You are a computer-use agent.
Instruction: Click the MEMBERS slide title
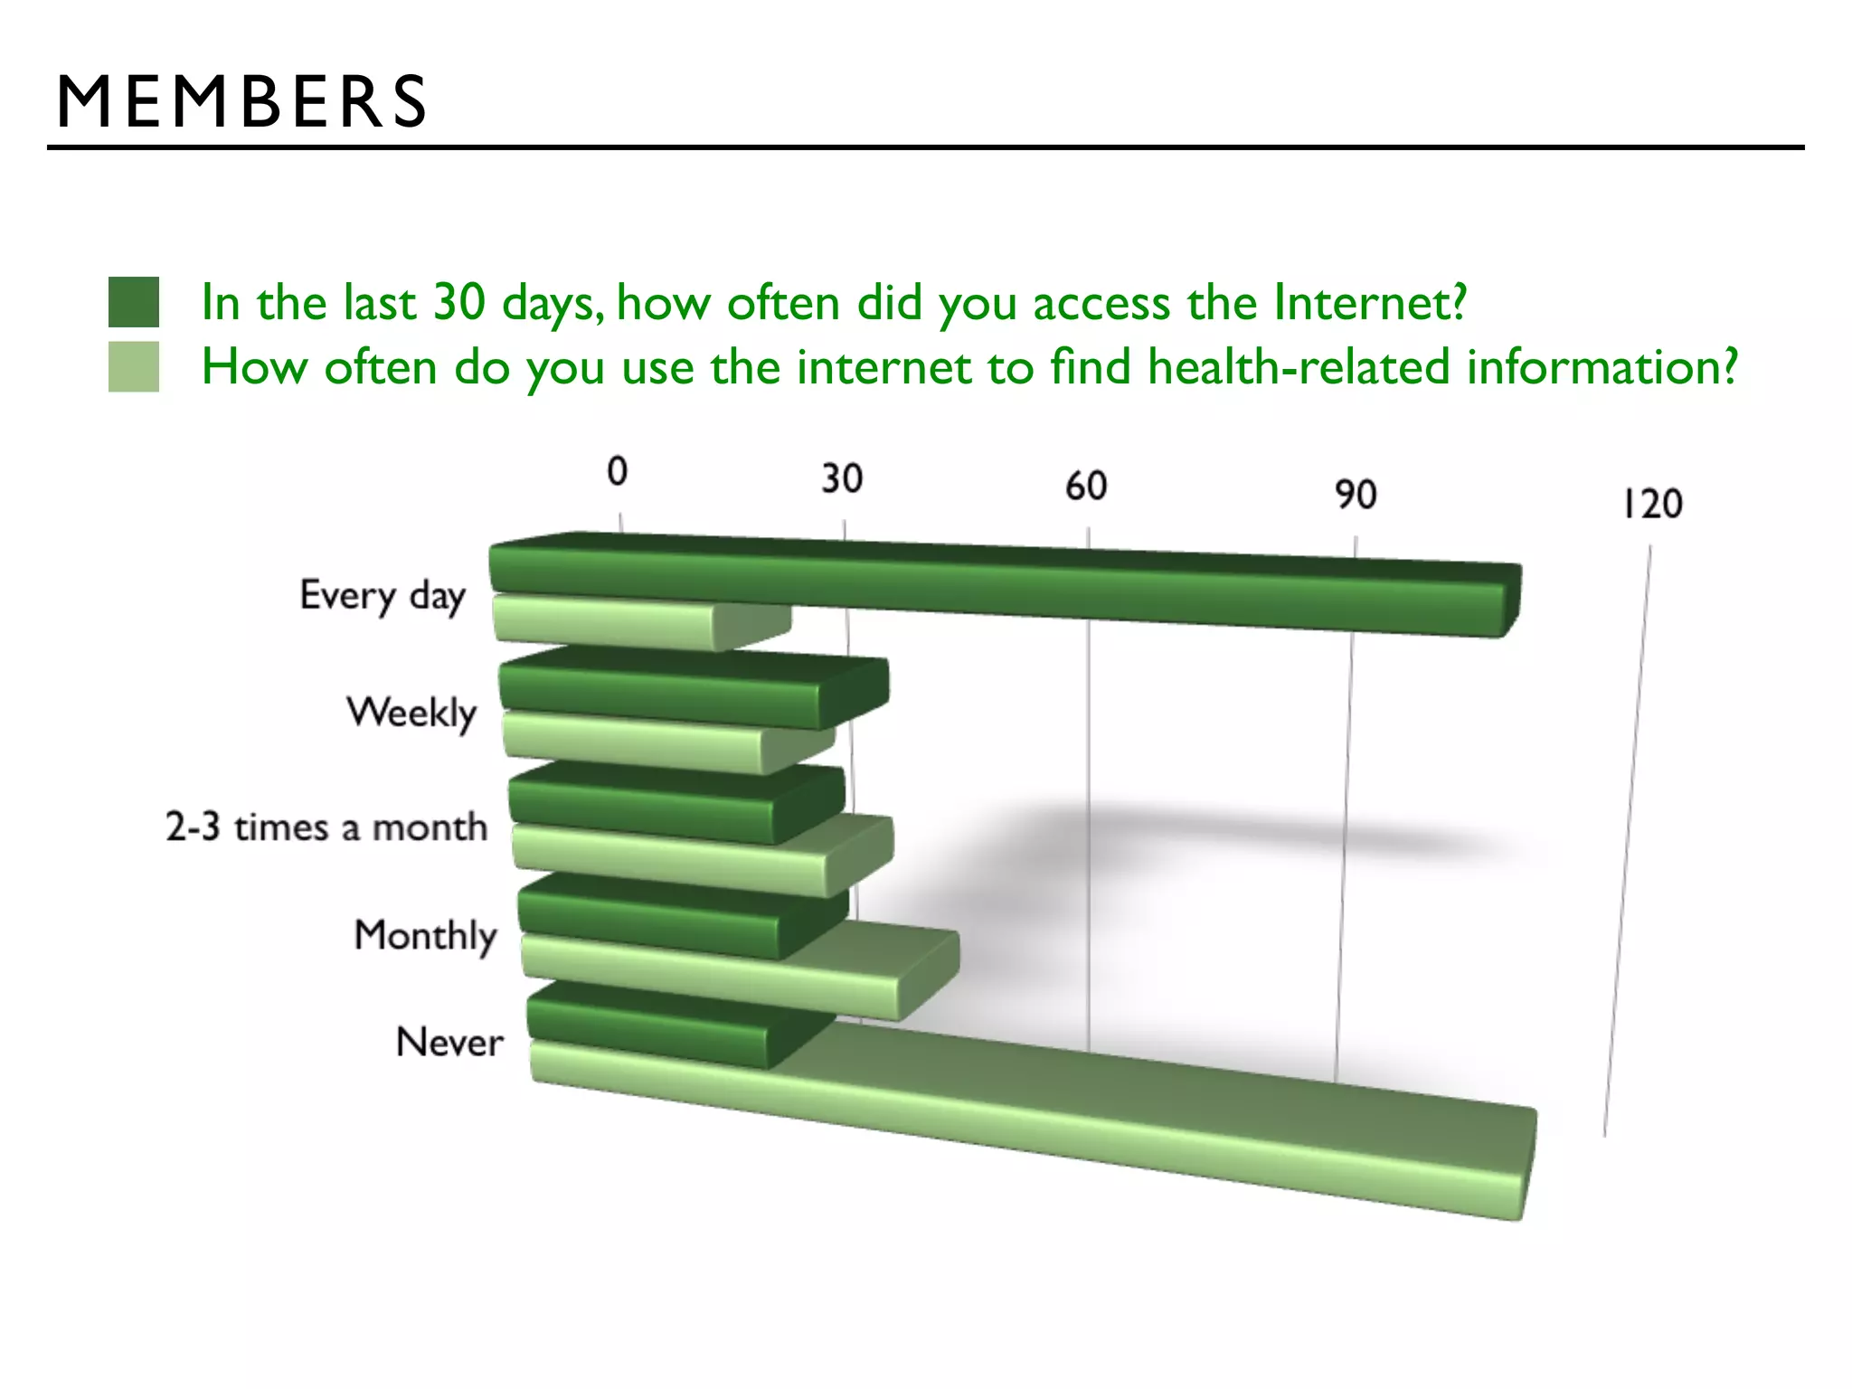(x=241, y=101)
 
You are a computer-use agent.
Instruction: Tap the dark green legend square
(x=134, y=302)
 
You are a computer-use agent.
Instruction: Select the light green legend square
(x=134, y=366)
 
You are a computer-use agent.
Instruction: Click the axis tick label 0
(x=617, y=471)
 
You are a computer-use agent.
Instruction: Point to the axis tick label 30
(x=842, y=478)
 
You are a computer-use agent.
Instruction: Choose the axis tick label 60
(x=1086, y=487)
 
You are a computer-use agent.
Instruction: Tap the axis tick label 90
(x=1356, y=495)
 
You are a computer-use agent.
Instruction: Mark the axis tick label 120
(x=1652, y=505)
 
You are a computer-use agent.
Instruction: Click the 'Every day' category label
(x=383, y=596)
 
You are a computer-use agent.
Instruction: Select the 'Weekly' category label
(x=411, y=713)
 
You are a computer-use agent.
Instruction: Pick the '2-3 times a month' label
(x=326, y=827)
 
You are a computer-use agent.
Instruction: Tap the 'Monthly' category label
(x=426, y=935)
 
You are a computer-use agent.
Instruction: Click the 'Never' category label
(x=449, y=1043)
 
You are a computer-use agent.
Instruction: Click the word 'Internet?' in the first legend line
(x=1370, y=302)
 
